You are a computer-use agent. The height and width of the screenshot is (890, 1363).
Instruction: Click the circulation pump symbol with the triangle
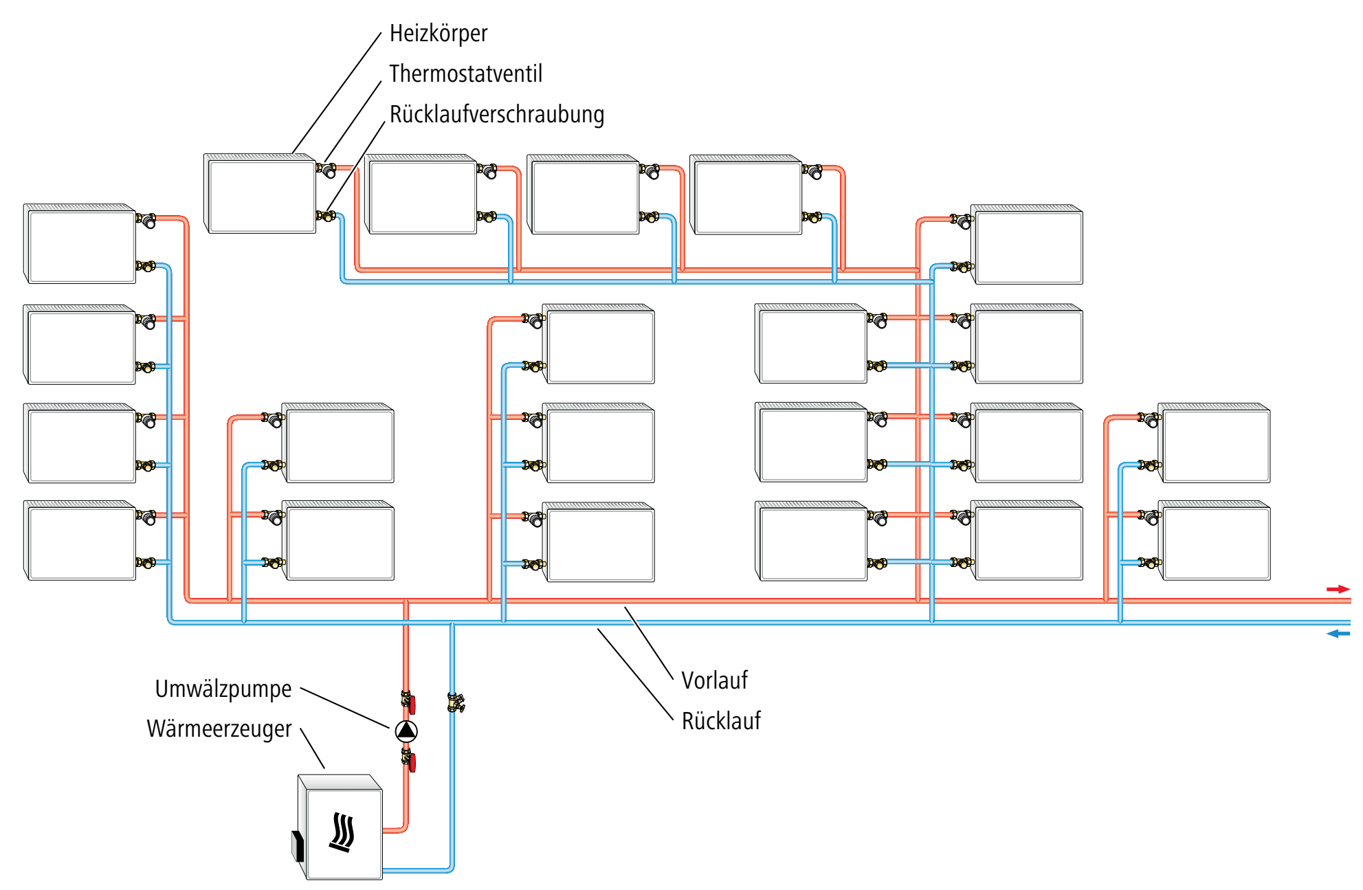point(406,730)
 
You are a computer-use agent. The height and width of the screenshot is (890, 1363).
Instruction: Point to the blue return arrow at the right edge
point(1338,634)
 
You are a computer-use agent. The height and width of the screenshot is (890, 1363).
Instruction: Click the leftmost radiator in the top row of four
point(260,194)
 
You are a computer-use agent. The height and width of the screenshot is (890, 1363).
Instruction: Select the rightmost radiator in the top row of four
point(746,194)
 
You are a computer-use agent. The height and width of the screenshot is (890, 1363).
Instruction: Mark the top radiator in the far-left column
point(80,244)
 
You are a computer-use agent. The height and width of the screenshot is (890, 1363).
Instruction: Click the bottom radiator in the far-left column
point(80,541)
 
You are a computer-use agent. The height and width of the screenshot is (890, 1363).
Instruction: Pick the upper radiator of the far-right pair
point(1214,443)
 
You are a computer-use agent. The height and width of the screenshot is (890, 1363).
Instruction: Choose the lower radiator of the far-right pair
point(1214,541)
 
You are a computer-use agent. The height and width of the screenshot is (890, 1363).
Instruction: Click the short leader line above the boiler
point(312,748)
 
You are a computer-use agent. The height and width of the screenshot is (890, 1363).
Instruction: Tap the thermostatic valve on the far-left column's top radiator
point(146,221)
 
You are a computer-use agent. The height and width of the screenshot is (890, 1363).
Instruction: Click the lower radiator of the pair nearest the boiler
point(338,541)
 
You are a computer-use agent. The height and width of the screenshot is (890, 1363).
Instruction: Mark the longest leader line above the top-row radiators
point(337,92)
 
